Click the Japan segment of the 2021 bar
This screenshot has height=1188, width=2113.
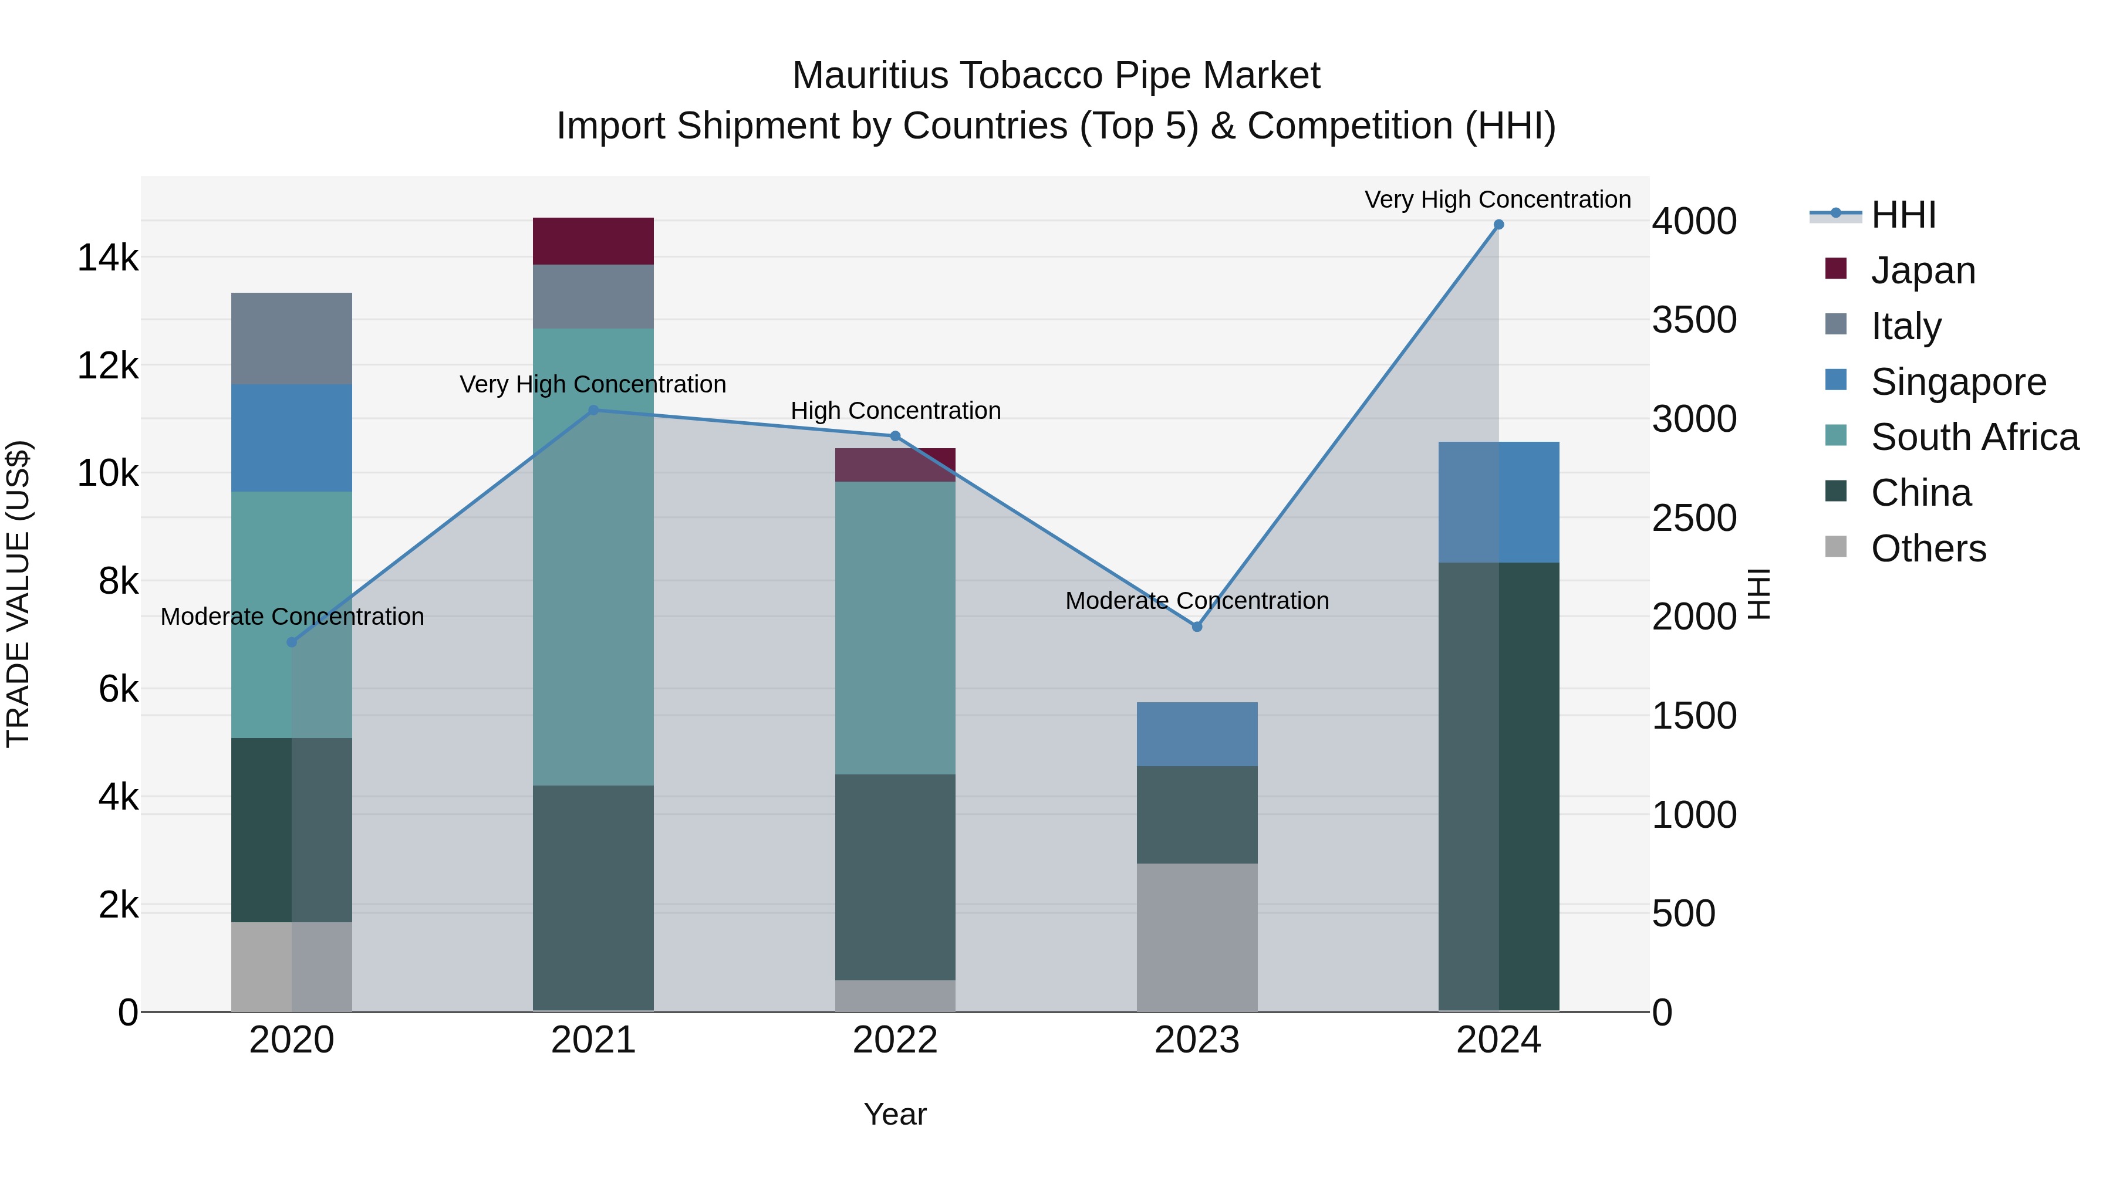click(593, 241)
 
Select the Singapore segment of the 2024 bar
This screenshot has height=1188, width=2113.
click(1498, 502)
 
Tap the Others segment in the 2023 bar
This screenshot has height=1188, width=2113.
click(1197, 937)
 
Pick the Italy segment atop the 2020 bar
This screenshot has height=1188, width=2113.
click(291, 338)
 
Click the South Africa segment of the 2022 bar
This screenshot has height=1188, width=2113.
click(895, 627)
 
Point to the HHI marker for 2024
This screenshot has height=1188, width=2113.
click(1498, 225)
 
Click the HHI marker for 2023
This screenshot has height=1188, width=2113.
click(1197, 627)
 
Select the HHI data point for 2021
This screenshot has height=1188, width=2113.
click(593, 410)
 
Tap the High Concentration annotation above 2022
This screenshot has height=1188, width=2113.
click(895, 411)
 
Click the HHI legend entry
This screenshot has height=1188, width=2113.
click(1903, 215)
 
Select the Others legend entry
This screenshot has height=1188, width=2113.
click(1928, 549)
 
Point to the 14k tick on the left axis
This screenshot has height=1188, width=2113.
click(107, 258)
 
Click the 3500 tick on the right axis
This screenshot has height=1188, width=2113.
click(1694, 320)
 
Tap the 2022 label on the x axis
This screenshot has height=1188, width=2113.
click(895, 1040)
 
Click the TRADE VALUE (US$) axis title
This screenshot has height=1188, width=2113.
click(18, 594)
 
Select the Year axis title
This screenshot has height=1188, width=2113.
click(895, 1114)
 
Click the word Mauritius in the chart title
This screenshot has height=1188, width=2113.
click(869, 76)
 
